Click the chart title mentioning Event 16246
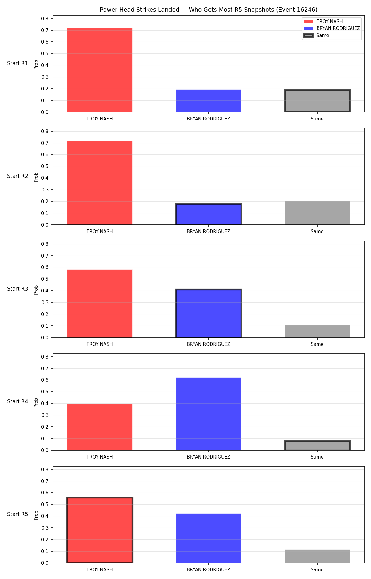(x=208, y=10)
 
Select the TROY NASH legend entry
(x=323, y=22)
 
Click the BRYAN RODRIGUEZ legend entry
(x=332, y=28)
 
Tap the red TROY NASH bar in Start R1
(x=100, y=70)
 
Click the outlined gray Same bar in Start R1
(x=317, y=101)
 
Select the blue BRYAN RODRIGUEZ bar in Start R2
(x=209, y=214)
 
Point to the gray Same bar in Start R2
(x=317, y=213)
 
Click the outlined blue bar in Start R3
(x=209, y=313)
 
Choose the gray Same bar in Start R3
(x=317, y=331)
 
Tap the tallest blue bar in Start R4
(x=209, y=414)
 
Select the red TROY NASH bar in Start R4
(x=100, y=427)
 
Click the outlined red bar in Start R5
(x=100, y=530)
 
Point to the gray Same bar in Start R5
(x=317, y=556)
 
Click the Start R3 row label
(x=18, y=289)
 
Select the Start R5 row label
(x=18, y=514)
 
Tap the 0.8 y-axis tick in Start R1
(x=45, y=19)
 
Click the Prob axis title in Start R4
(x=36, y=402)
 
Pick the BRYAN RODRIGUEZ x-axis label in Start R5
(x=208, y=569)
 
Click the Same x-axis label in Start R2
(x=317, y=231)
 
